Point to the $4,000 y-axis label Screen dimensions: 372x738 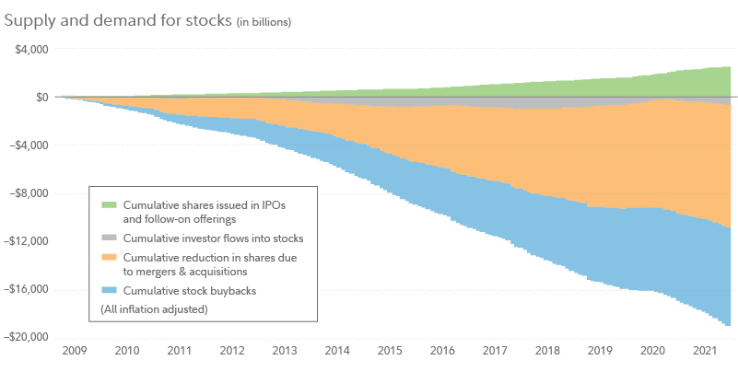pos(31,49)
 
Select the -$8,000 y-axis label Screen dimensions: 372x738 pos(29,193)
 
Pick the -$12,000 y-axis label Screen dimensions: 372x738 pos(27,241)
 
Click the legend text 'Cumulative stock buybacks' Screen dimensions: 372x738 pos(189,291)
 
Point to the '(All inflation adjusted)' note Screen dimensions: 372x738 pos(154,310)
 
